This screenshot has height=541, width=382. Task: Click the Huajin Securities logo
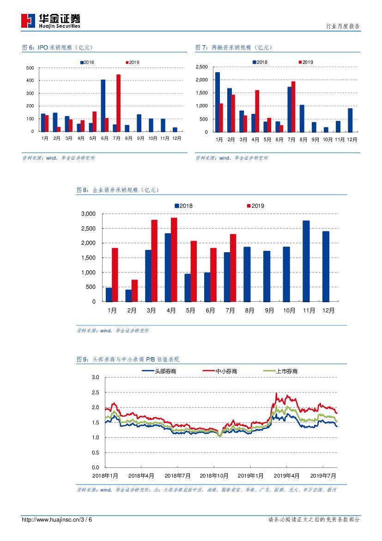coord(51,20)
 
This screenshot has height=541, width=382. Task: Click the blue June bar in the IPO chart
coord(103,106)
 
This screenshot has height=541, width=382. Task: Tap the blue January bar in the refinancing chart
coord(218,102)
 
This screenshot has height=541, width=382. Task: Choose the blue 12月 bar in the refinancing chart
coord(350,120)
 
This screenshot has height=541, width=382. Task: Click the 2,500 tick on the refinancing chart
coord(202,67)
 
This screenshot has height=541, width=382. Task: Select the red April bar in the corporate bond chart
coord(174,260)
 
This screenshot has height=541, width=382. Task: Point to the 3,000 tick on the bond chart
coord(88,214)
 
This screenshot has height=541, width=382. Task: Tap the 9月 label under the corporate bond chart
coord(269,311)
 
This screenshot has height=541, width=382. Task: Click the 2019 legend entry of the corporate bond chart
coord(255,205)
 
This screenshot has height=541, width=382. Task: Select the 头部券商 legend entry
coord(159,371)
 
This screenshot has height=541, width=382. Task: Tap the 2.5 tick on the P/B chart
coord(96,392)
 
